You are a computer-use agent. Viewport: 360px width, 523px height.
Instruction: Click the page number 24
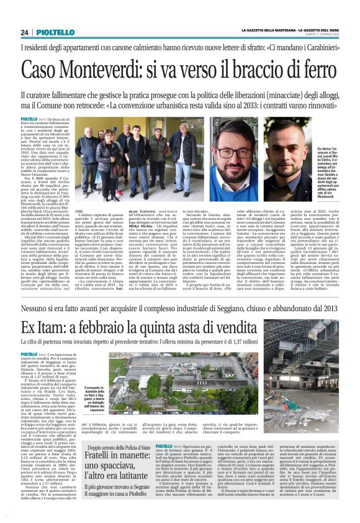coord(25,32)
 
